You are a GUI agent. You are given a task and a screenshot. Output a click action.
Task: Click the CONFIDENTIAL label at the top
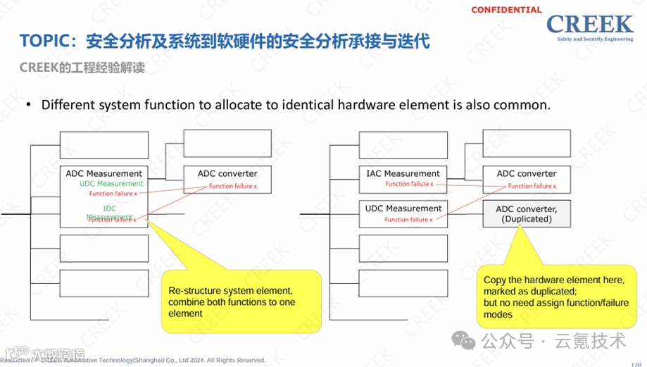pos(505,10)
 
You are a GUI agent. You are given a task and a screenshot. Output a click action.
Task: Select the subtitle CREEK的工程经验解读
pos(82,68)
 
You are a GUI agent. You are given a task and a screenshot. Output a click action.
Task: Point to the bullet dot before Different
pos(29,105)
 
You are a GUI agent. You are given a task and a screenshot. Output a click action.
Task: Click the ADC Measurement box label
pos(103,173)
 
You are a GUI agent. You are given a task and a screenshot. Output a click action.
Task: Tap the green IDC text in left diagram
pos(109,209)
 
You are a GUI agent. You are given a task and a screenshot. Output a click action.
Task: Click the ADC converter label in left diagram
pos(227,173)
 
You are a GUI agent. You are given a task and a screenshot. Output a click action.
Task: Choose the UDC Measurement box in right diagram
pos(403,213)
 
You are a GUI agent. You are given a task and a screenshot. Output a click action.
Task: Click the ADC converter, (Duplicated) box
pos(527,213)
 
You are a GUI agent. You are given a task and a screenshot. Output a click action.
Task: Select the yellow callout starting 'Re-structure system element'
pos(241,301)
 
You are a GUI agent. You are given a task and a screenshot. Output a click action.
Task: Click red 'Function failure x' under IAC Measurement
pos(408,185)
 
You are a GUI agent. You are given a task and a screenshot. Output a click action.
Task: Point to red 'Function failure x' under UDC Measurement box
pos(408,220)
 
